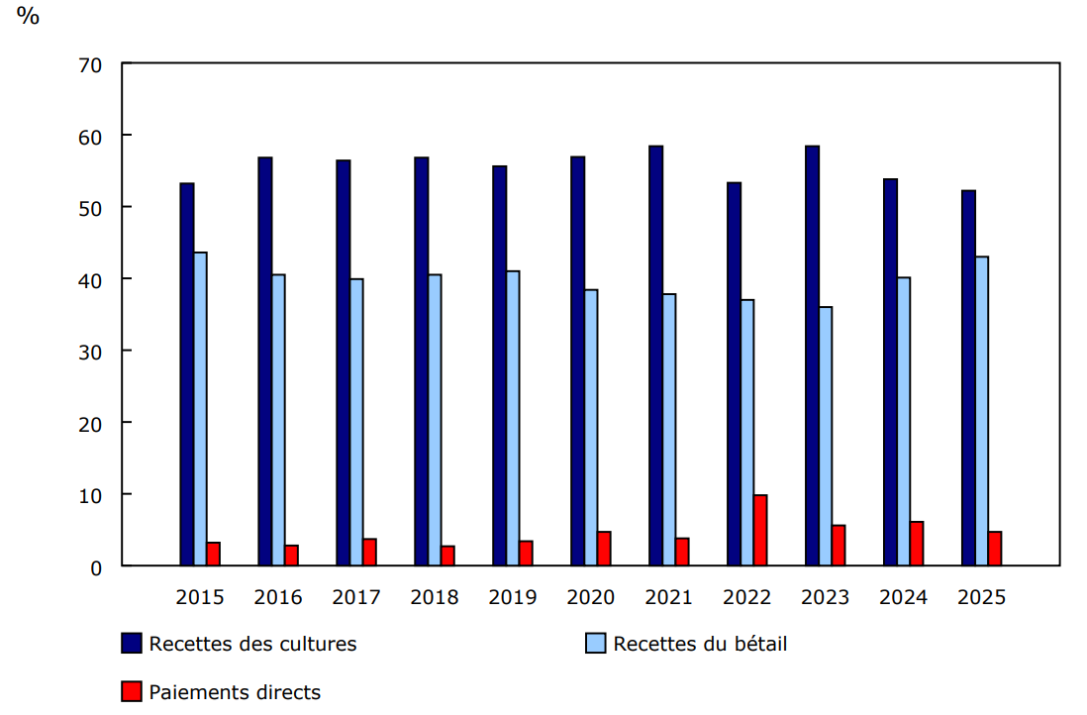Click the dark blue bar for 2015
186,374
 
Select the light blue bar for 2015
200,409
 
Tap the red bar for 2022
760,531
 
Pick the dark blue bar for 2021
655,356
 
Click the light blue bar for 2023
825,437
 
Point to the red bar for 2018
447,556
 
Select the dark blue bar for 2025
968,378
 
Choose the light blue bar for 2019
513,418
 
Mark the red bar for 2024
917,544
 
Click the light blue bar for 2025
981,411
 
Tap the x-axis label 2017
355,597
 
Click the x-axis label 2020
590,597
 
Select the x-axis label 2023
825,597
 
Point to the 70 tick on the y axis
91,64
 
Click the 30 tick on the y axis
91,352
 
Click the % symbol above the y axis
28,17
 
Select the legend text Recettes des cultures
252,644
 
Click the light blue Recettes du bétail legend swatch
595,644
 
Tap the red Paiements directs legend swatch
131,692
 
